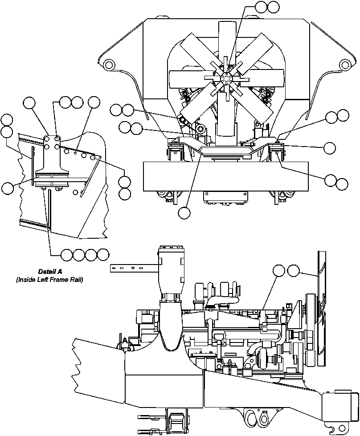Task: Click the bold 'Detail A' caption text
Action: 49,271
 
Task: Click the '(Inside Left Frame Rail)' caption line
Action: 49,280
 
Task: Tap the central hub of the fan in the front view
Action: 226,79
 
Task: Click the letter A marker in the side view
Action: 125,341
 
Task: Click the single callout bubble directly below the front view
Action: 184,213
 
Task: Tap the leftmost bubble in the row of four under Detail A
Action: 66,255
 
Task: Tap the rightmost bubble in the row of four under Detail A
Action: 103,255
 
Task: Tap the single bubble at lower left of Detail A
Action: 8,188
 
